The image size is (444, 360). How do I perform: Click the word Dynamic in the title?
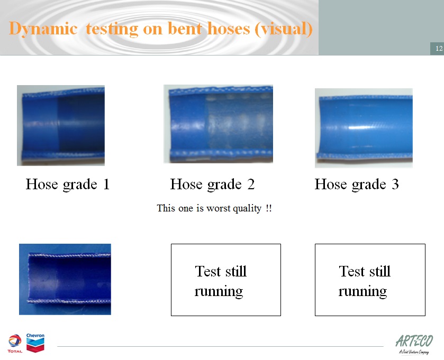click(43, 29)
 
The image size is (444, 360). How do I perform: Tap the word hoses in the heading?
click(229, 29)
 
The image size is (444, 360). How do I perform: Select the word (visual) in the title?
click(284, 29)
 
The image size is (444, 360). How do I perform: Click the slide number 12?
click(439, 48)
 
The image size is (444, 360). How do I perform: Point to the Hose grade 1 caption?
click(68, 184)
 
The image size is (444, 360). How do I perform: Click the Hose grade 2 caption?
click(212, 184)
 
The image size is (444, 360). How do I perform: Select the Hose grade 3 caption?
click(357, 184)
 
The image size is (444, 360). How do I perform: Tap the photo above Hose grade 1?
click(61, 125)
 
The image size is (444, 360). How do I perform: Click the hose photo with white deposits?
click(219, 124)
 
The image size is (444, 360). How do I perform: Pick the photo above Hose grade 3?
click(364, 128)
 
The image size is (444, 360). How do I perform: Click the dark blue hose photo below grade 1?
click(65, 279)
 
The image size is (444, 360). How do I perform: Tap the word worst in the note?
click(219, 208)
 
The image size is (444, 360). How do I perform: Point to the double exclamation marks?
click(269, 208)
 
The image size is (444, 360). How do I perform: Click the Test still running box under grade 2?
click(226, 280)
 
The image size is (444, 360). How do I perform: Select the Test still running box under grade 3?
click(370, 280)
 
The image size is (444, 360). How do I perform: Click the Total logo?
click(15, 343)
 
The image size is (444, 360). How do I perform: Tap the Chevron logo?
click(35, 343)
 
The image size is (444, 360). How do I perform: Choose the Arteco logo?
click(414, 344)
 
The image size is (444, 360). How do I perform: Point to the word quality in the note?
click(247, 209)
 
